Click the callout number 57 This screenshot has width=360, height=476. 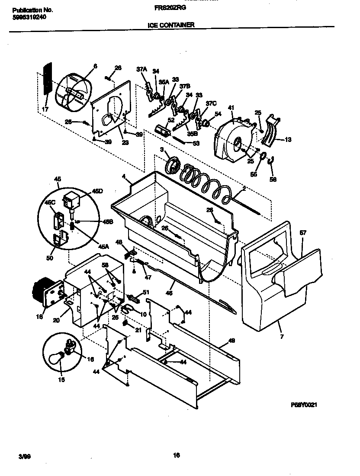(x=303, y=233)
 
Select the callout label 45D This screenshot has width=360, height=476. (x=97, y=191)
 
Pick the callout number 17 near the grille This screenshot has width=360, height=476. (x=45, y=110)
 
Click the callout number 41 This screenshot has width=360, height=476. (x=231, y=108)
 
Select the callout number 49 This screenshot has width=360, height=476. (x=231, y=341)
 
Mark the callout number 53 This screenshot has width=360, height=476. (x=196, y=143)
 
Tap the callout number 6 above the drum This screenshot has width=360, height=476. (x=95, y=66)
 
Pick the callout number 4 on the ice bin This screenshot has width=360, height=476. (x=123, y=176)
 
